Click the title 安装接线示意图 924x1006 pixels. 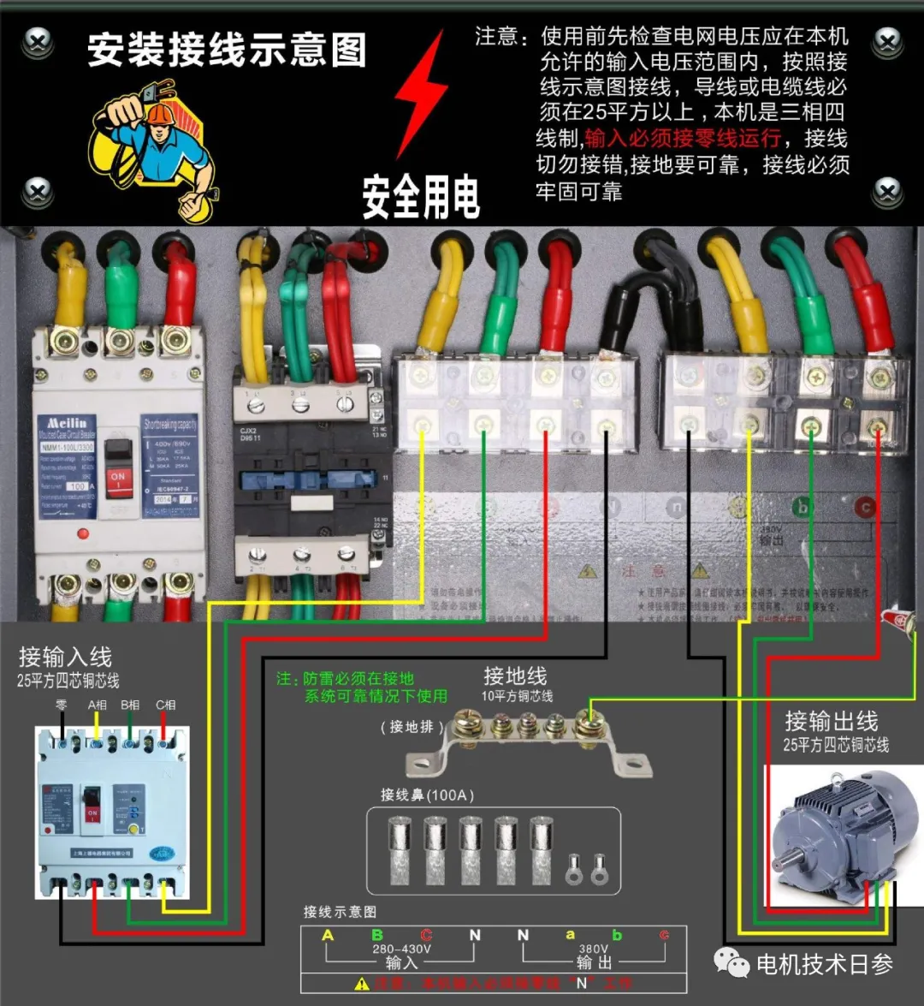pos(227,51)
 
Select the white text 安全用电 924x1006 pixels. pos(421,197)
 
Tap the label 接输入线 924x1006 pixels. pos(65,658)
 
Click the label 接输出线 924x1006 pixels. pos(831,721)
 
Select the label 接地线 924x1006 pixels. pos(514,676)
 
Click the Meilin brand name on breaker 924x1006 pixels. pos(66,424)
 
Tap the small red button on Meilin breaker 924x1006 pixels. pos(83,533)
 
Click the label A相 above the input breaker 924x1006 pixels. pos(98,705)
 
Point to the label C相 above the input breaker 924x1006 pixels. pos(165,705)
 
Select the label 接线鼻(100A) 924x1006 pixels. pos(427,795)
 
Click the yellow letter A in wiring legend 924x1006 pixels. pos(328,935)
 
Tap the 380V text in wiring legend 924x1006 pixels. pos(593,949)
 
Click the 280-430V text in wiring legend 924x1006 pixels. pos(401,949)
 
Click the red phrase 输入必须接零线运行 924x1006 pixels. pos(683,138)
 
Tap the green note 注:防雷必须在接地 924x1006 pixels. pos(345,679)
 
